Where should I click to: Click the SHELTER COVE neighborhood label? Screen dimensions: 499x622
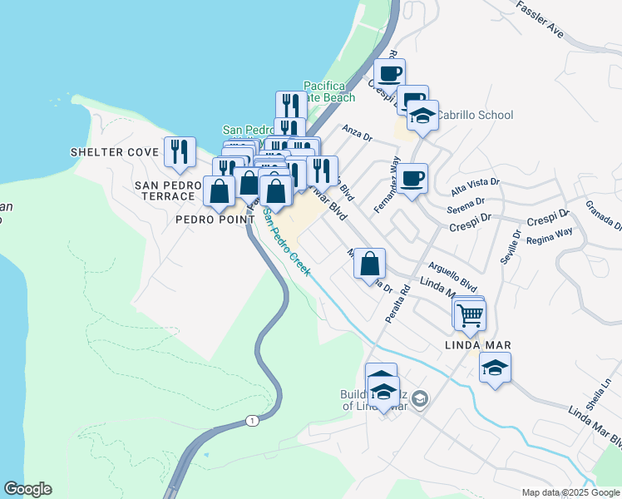(x=114, y=152)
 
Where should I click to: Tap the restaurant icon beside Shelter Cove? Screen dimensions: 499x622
(x=180, y=152)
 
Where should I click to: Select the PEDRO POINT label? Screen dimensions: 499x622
(x=215, y=220)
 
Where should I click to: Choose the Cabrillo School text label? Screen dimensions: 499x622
(x=476, y=115)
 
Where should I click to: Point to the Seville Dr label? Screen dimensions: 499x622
(x=511, y=248)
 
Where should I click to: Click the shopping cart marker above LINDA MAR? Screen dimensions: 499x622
(x=471, y=314)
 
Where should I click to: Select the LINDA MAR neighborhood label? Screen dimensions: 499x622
(x=476, y=344)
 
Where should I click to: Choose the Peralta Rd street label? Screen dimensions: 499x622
(x=397, y=305)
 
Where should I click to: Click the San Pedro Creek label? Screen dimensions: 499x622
(x=287, y=241)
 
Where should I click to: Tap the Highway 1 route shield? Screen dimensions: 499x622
(x=252, y=421)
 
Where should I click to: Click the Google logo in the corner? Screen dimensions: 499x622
(x=27, y=489)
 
